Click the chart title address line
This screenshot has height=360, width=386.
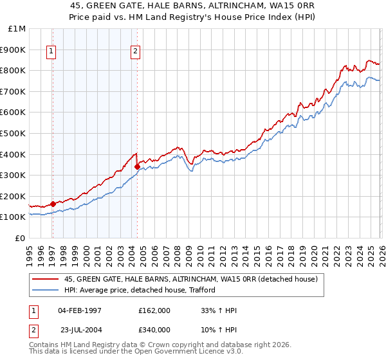coord(193,4)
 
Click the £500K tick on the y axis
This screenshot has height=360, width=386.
coord(14,133)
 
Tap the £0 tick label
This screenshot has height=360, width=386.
coord(21,238)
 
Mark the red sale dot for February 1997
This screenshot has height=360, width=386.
coord(53,204)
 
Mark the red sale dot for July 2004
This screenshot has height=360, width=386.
coord(137,166)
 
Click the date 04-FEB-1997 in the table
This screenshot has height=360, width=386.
coord(80,310)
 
